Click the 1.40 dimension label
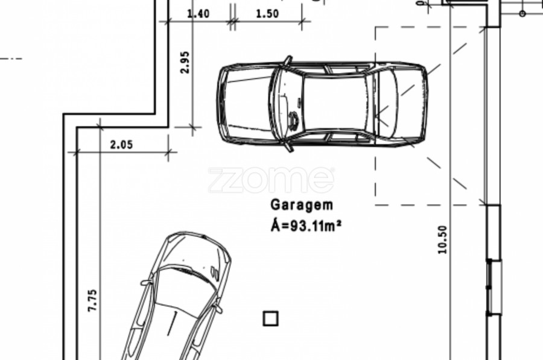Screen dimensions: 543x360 pos(198,13)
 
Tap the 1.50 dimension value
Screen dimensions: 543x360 pos(267,13)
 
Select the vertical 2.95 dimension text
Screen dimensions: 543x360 pos(185,62)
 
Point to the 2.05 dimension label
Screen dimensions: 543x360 pos(121,144)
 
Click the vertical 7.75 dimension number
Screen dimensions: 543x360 pos(92,300)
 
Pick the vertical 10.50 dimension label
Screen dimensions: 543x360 pos(442,239)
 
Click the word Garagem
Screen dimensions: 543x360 pos(302,204)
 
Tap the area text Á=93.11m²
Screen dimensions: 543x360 pos(306,226)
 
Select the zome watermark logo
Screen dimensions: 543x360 pos(271,180)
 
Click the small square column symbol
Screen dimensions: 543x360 pos(270,318)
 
